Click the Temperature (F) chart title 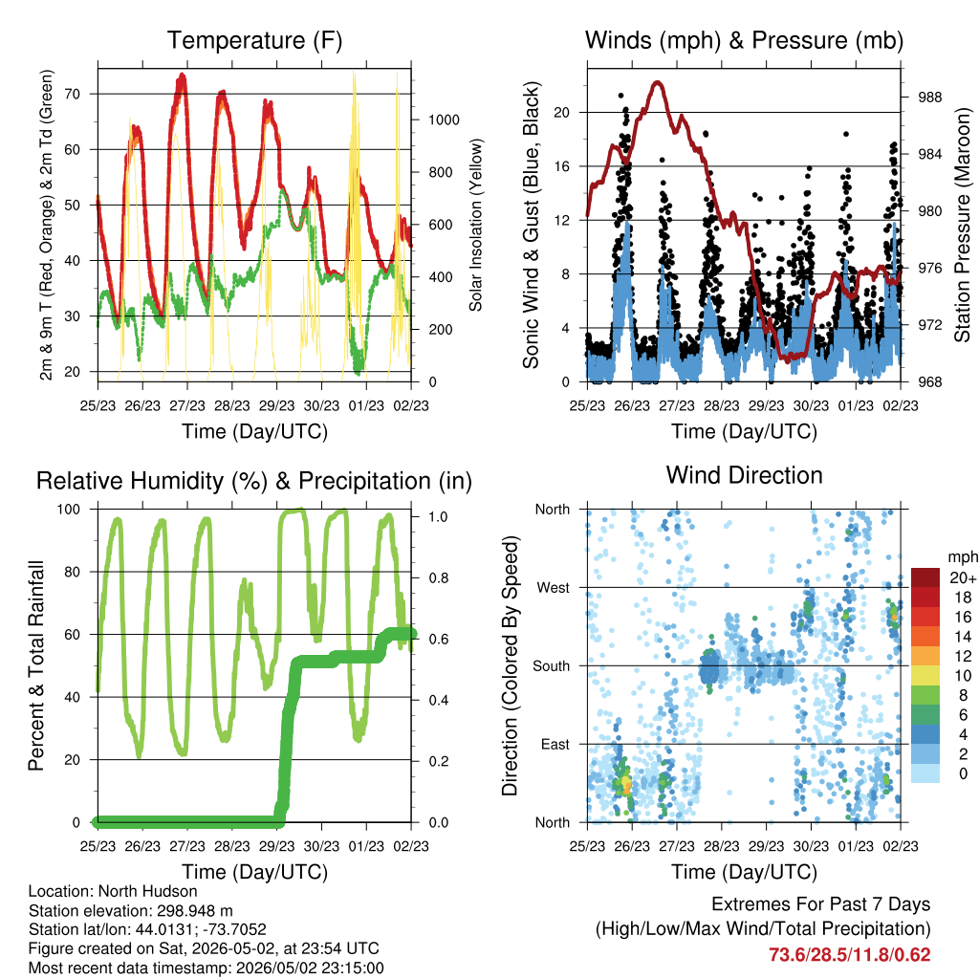tap(254, 40)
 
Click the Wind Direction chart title tap(744, 475)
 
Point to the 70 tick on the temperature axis tap(73, 95)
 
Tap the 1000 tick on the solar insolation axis tap(444, 120)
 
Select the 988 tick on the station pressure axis tap(929, 98)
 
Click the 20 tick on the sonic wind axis tap(562, 113)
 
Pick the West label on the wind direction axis tap(554, 588)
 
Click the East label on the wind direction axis tap(555, 744)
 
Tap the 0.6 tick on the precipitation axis tap(438, 639)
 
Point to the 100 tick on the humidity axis tap(69, 509)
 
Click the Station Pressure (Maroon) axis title tap(962, 225)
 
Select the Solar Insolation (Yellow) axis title tap(476, 225)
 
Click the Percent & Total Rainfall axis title tap(36, 665)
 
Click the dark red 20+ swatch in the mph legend tap(925, 577)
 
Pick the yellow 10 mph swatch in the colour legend tap(925, 676)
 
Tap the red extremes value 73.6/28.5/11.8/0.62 tap(849, 955)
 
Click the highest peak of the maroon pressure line tap(657, 82)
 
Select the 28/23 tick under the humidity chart tap(231, 846)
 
